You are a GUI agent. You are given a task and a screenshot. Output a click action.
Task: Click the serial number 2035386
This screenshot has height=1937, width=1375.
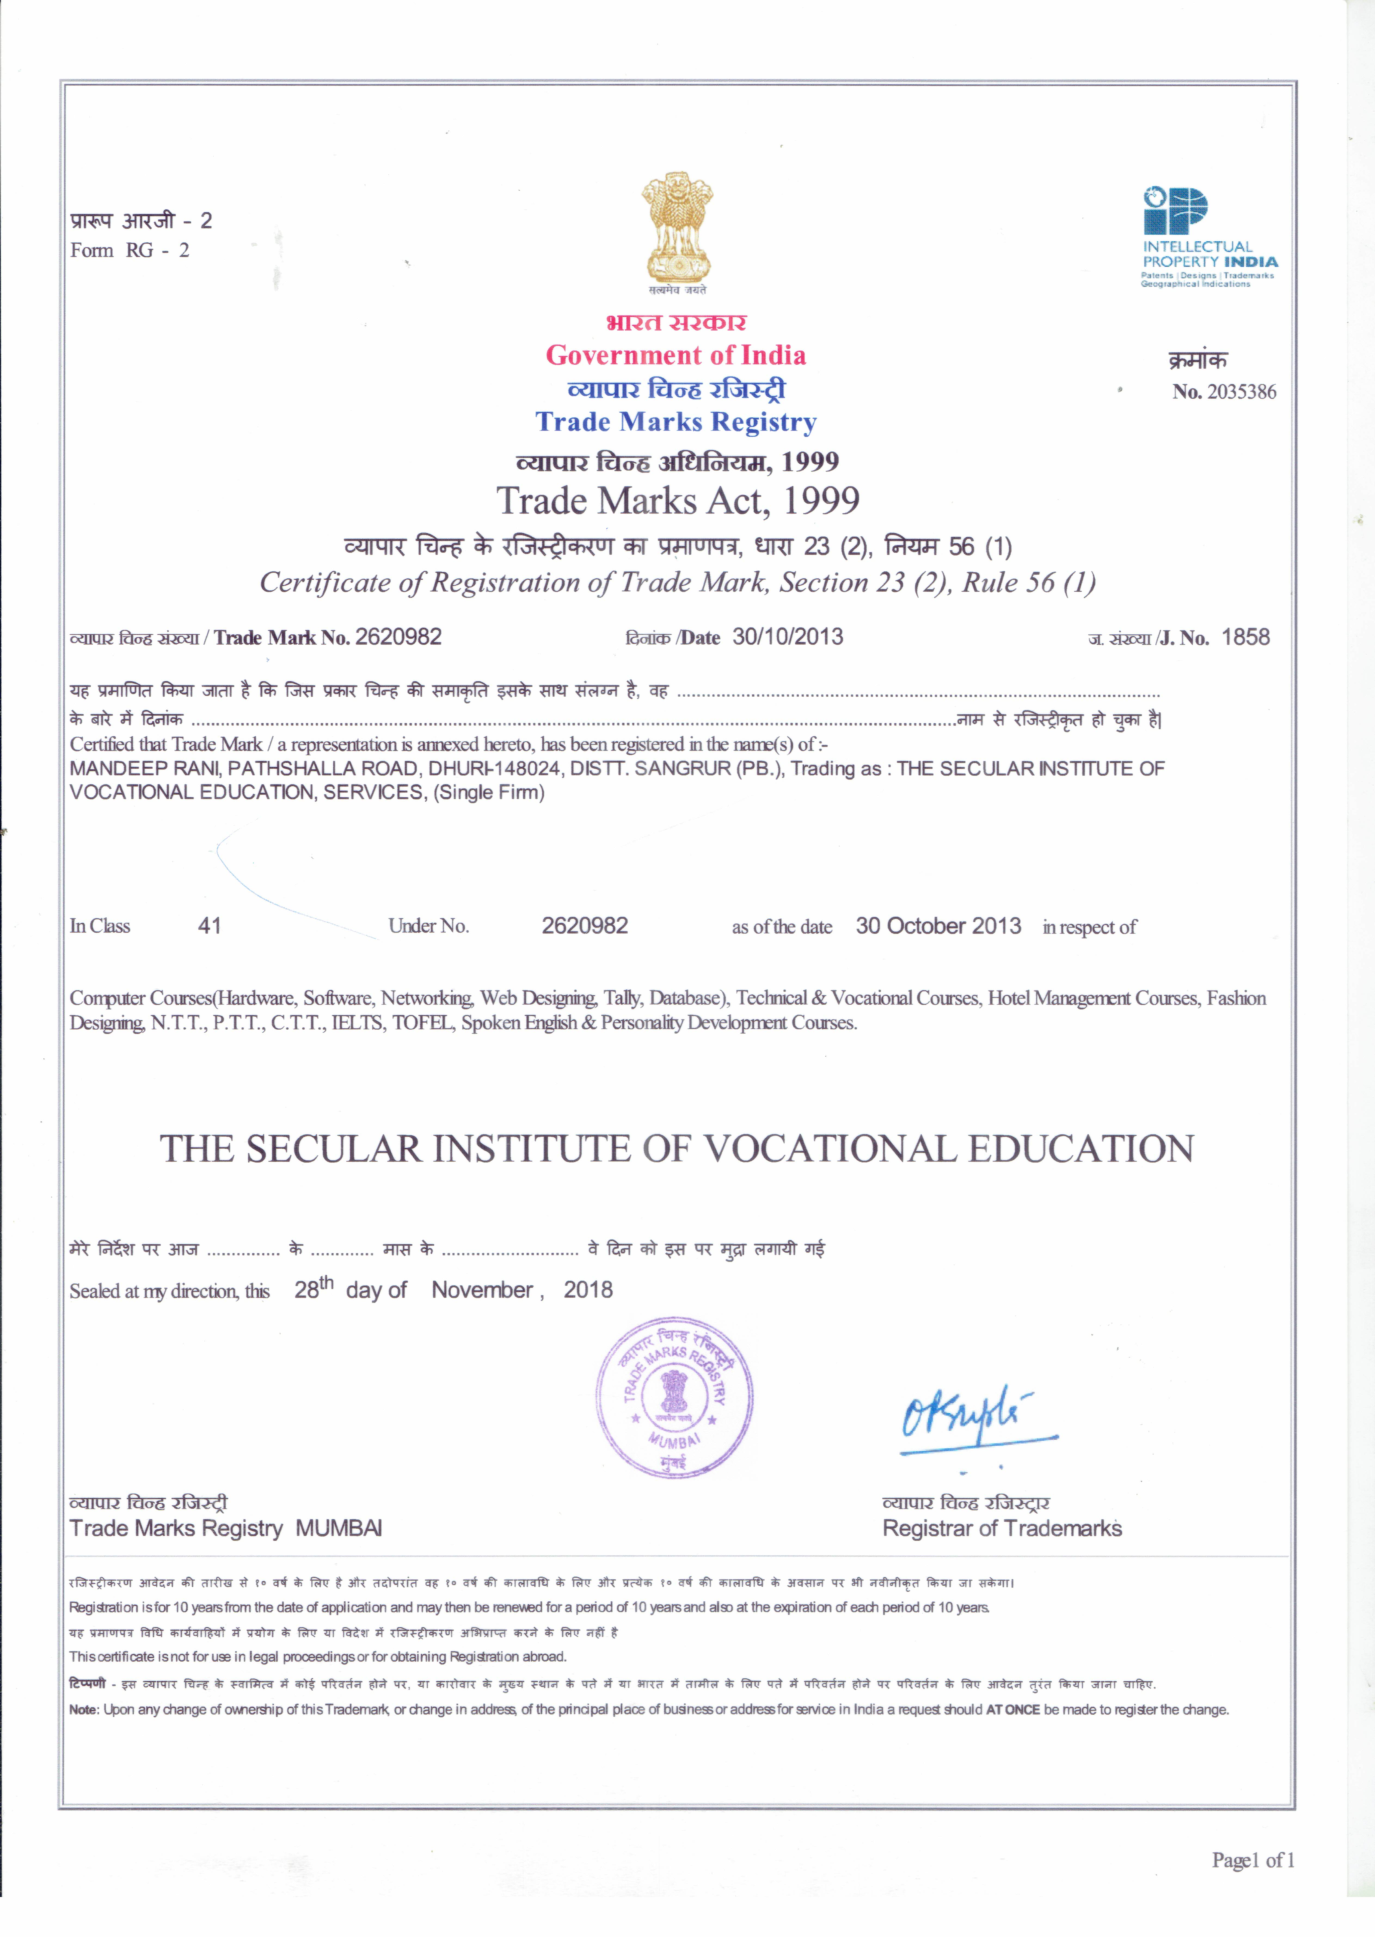[x=1241, y=392]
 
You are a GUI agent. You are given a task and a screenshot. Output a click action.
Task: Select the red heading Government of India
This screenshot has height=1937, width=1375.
[x=676, y=355]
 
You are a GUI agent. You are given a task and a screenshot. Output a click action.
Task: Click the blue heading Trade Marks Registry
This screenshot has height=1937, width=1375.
[x=676, y=422]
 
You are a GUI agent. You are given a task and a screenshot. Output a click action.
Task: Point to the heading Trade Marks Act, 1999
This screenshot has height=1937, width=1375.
[x=677, y=501]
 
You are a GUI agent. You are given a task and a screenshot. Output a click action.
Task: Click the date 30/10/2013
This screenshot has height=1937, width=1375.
[x=787, y=637]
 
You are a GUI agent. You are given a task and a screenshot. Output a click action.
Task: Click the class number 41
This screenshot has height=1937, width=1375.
[x=209, y=926]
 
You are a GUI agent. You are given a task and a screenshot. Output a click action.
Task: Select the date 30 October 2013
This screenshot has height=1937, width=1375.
[x=938, y=926]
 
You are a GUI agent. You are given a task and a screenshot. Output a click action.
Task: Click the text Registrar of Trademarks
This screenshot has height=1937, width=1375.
[x=1002, y=1529]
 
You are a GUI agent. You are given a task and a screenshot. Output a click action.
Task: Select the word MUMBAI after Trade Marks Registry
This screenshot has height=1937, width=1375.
[x=339, y=1529]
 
